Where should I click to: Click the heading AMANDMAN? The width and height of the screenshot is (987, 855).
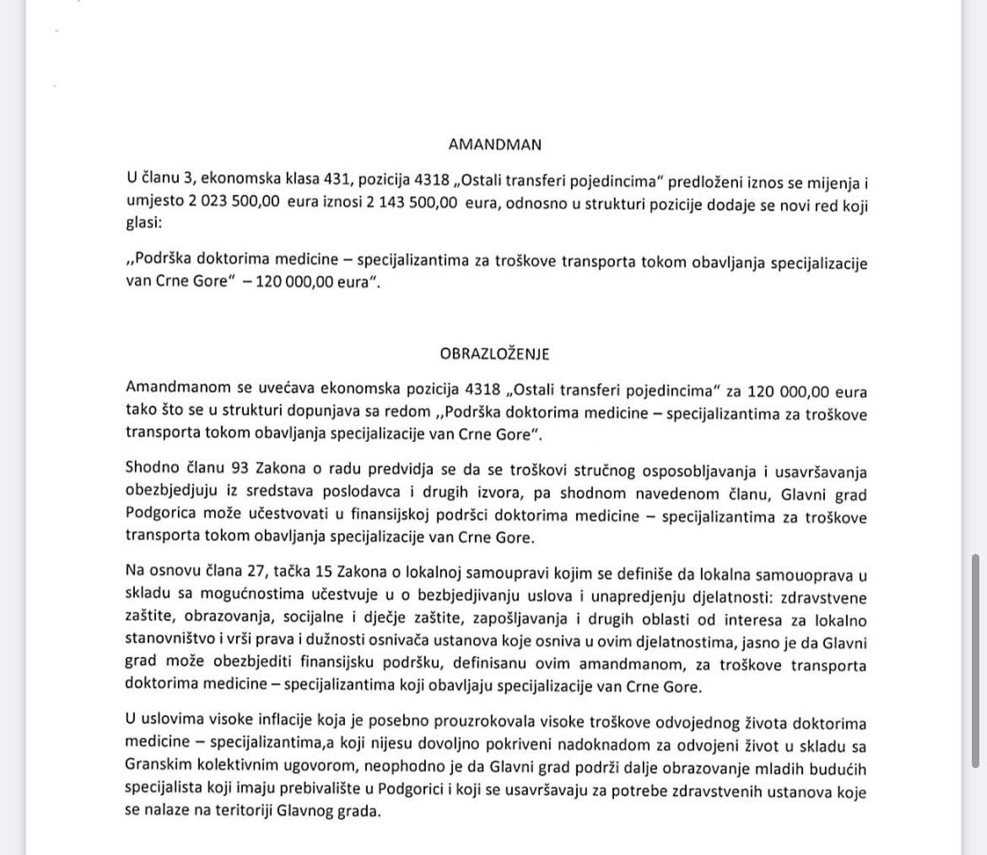(x=494, y=144)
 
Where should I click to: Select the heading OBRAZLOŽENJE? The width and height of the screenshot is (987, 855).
(x=494, y=354)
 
